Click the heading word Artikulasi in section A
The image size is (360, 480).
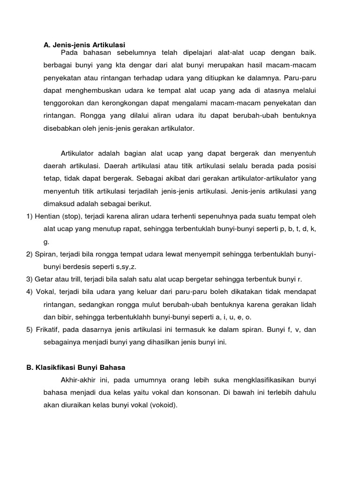[109, 45]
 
